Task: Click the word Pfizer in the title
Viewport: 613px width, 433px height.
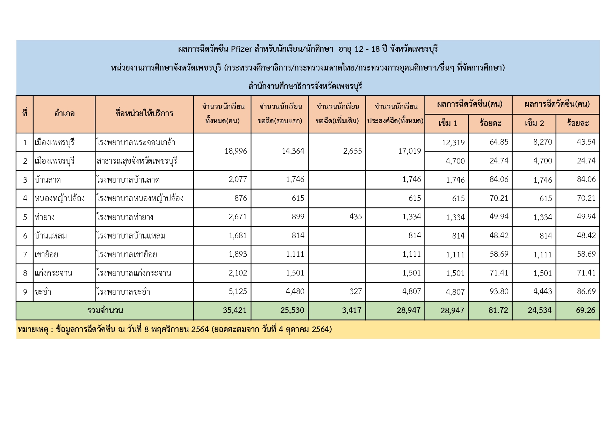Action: click(241, 49)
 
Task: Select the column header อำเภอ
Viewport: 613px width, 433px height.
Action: click(64, 113)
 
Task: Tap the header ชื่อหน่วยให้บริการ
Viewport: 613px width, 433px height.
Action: click(144, 113)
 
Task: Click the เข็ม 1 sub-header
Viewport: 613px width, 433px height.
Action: click(448, 123)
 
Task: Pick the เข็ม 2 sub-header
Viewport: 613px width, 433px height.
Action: click(534, 123)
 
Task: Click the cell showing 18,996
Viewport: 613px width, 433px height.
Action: click(236, 151)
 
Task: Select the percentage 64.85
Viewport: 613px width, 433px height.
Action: click(499, 142)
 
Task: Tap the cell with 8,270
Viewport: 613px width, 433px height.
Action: click(542, 142)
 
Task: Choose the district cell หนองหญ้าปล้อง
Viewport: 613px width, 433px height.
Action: click(59, 198)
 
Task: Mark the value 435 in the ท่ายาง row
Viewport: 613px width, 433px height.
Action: click(355, 217)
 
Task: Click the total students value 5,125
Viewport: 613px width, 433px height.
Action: click(238, 291)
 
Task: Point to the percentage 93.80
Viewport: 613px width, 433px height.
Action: click(499, 291)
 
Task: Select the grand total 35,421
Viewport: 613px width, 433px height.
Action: click(235, 310)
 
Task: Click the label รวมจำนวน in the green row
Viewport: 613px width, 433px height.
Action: click(105, 310)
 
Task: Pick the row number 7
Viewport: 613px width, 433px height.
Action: click(25, 255)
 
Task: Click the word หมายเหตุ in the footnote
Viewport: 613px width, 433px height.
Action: click(33, 329)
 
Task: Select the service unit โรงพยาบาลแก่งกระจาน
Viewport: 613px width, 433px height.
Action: click(134, 273)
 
